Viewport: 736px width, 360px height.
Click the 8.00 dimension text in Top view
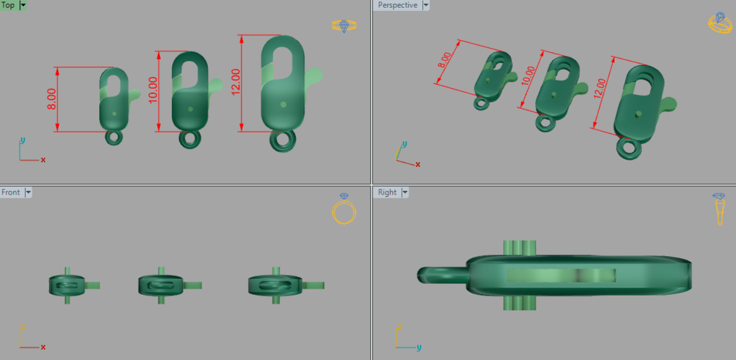tap(52, 99)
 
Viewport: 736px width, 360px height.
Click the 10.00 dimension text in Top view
tap(153, 90)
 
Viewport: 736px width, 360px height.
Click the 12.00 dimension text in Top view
tap(236, 82)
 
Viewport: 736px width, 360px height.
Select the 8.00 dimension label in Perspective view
tap(444, 61)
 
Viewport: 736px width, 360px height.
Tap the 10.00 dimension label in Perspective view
tap(528, 76)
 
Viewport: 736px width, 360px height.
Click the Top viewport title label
tap(8, 5)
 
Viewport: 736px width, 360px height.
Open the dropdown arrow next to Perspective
tap(425, 5)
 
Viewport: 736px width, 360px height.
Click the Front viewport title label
tap(10, 192)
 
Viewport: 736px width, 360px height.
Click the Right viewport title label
tap(387, 192)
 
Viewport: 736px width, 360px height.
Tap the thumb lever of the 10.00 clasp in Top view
tap(215, 85)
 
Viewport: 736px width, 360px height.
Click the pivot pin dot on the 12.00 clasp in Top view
tap(283, 104)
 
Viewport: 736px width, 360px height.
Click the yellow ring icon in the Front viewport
tap(344, 211)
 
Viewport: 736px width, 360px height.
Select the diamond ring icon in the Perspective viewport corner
tap(720, 23)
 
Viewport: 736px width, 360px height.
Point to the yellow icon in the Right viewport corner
tap(720, 209)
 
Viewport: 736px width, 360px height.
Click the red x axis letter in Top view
tap(43, 160)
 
